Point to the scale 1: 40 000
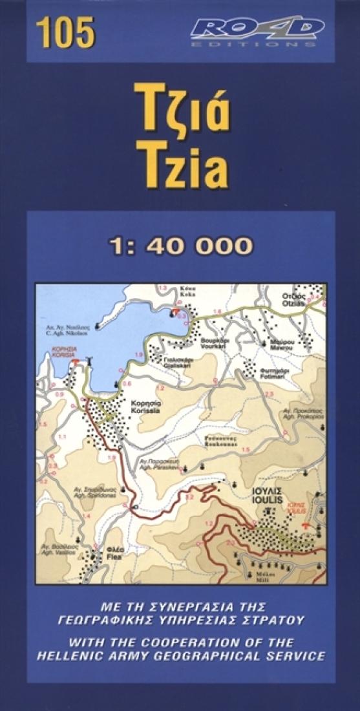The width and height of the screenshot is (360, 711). tap(180, 246)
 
